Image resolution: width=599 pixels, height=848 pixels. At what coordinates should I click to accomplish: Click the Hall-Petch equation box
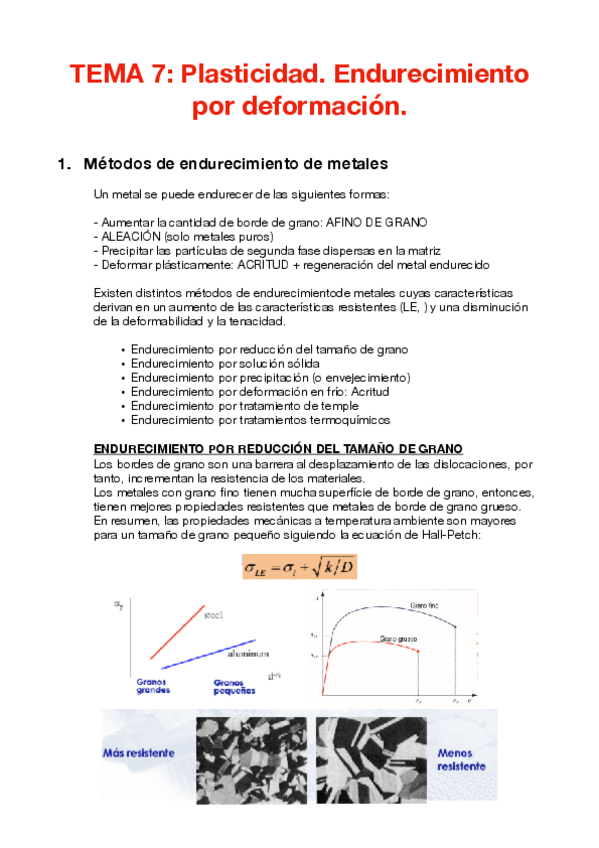click(299, 568)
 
